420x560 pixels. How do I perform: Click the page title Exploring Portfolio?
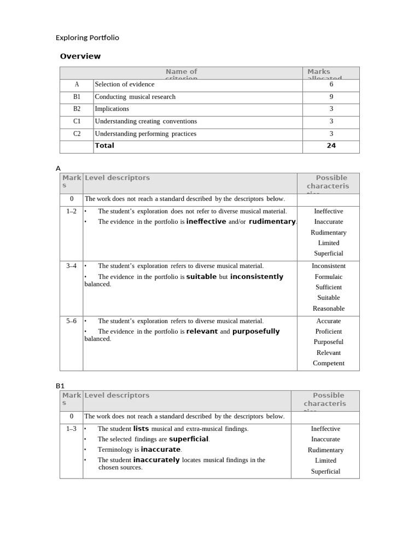[87, 38]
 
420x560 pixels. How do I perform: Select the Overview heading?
[80, 56]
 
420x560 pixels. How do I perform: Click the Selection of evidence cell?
[125, 84]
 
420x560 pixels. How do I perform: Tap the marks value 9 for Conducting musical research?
[331, 97]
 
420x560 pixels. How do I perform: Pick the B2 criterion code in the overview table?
[77, 109]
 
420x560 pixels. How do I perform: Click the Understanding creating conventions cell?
[145, 121]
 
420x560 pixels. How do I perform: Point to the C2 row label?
[77, 133]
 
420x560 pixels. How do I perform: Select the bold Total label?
[104, 145]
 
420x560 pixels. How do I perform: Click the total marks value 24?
[331, 145]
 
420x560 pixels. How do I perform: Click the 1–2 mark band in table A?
[72, 211]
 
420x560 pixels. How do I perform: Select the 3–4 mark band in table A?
[72, 266]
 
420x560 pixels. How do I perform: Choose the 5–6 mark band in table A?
[72, 321]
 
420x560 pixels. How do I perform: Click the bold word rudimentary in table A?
[272, 221]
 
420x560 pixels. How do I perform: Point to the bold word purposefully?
[256, 331]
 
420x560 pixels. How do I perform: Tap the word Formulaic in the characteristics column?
[329, 277]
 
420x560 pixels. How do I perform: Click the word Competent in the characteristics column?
[329, 363]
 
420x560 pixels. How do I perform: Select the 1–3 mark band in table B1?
[72, 429]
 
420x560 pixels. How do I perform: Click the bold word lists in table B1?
[141, 429]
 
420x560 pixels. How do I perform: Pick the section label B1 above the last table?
[60, 386]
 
